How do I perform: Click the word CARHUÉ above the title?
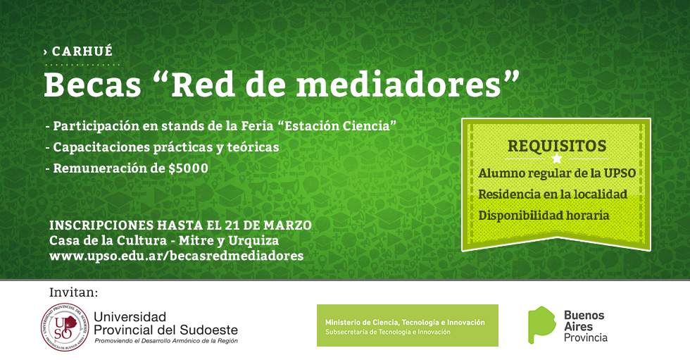82,51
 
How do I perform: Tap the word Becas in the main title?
92,85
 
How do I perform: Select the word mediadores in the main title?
399,85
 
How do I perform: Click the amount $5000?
189,168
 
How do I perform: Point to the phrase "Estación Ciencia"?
337,126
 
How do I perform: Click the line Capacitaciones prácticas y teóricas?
166,147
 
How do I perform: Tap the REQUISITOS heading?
557,146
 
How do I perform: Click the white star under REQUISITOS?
557,159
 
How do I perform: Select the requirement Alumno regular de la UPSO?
557,173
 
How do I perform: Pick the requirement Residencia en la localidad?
553,194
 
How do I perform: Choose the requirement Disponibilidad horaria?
544,215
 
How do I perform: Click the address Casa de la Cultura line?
164,241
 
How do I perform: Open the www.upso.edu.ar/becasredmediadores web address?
177,256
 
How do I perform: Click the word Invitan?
74,292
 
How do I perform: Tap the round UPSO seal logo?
65,328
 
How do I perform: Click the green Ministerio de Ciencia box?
408,325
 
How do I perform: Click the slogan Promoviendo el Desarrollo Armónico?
166,341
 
